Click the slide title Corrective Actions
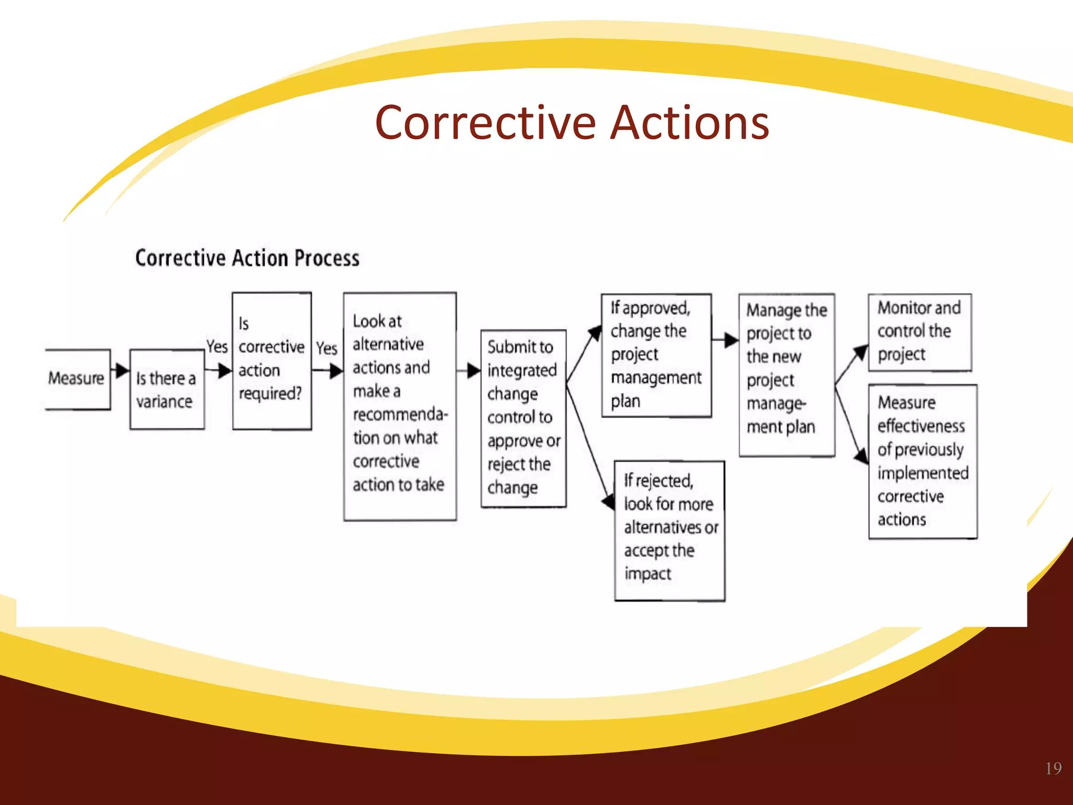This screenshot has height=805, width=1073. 572,123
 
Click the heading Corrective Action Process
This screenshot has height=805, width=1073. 247,258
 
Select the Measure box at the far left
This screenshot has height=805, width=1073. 77,378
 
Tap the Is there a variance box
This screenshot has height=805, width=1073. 167,389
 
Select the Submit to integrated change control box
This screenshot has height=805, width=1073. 523,418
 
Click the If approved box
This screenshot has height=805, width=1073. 656,355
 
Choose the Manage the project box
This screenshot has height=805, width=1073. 786,374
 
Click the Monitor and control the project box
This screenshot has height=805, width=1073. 919,332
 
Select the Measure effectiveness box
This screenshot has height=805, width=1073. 922,461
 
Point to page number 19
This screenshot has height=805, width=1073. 1053,768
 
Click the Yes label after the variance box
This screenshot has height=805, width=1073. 216,346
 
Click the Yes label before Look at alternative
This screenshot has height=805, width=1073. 326,348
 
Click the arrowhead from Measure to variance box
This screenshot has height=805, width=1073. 122,370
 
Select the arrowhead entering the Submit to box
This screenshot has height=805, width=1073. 474,371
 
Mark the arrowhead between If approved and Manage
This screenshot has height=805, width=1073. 731,340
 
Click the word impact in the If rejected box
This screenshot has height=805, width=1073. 647,574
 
